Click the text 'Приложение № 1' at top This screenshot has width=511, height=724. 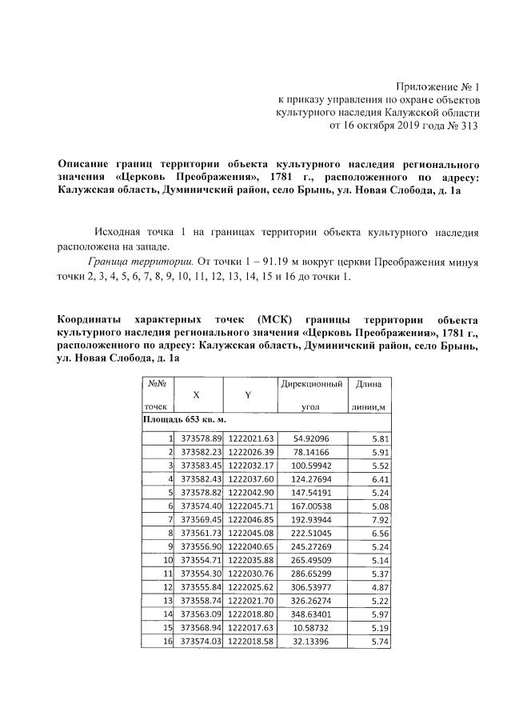[437, 86]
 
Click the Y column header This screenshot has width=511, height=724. [249, 395]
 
